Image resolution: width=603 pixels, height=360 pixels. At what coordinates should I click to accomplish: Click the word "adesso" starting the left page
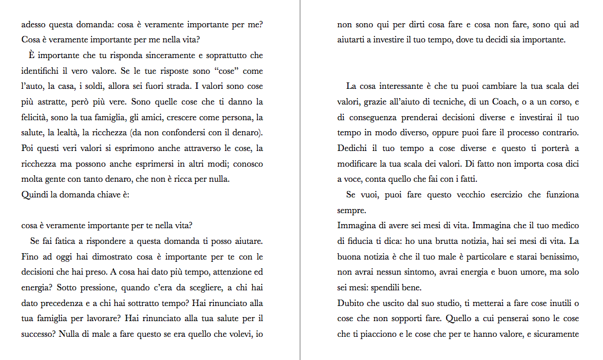point(34,25)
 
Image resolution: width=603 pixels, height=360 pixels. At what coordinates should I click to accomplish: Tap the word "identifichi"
point(40,71)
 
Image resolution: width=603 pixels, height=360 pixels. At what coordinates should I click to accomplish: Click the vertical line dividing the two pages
point(300,180)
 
